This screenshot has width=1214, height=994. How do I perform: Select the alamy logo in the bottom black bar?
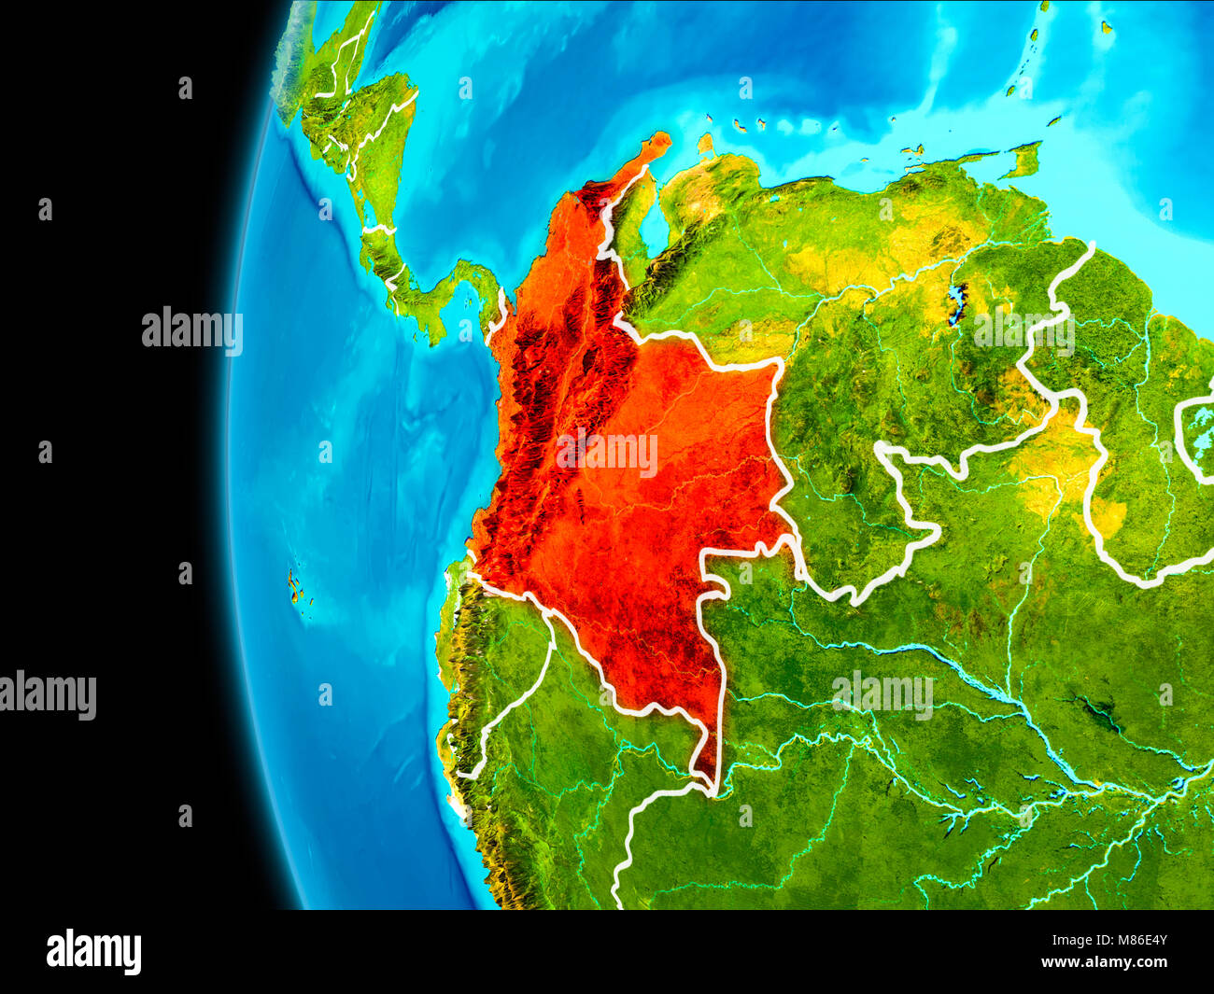pyautogui.click(x=93, y=952)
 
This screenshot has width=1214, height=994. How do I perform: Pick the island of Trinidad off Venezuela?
pyautogui.click(x=1024, y=160)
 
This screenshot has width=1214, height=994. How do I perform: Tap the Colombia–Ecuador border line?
pyautogui.click(x=523, y=597)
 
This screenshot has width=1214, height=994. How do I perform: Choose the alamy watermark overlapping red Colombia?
pyautogui.click(x=607, y=455)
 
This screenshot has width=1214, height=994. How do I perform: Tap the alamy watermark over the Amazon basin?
pyautogui.click(x=882, y=694)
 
